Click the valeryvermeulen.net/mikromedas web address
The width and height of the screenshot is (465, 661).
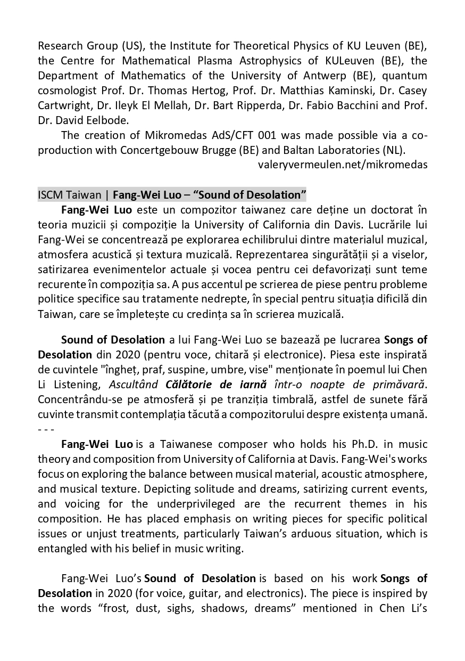(x=342, y=165)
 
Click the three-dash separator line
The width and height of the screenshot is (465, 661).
(x=46, y=429)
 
